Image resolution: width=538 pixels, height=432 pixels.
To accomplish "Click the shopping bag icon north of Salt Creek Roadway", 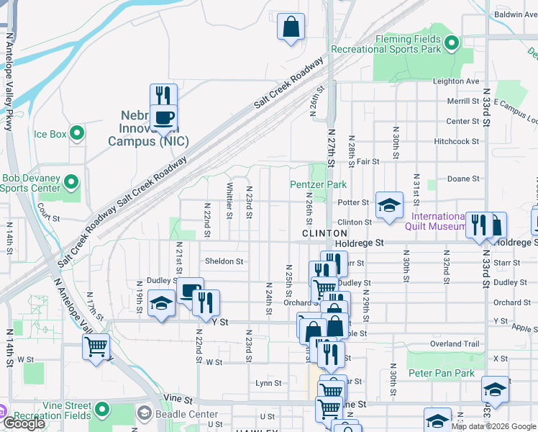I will click(x=291, y=27).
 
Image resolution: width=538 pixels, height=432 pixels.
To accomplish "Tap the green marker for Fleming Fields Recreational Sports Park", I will click(x=451, y=43).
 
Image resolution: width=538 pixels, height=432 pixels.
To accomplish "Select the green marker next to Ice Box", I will click(x=78, y=133).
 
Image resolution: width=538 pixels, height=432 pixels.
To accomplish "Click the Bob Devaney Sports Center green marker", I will click(x=70, y=183).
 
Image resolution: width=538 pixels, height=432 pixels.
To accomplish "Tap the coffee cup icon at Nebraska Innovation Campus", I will click(x=163, y=117).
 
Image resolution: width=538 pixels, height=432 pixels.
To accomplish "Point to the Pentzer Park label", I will click(x=319, y=185).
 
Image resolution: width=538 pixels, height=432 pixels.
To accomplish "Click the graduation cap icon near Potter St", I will click(x=388, y=206).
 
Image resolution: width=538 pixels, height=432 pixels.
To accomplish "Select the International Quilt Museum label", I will click(x=438, y=222).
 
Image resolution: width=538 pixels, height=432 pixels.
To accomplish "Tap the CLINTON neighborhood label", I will click(x=325, y=233).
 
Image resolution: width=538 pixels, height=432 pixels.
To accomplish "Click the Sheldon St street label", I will click(x=224, y=261).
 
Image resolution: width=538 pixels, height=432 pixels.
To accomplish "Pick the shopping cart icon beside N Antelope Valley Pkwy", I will click(x=96, y=346).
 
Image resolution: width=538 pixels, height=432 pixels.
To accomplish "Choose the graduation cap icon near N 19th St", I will click(x=161, y=303).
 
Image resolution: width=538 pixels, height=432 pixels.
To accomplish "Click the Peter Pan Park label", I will click(x=442, y=373).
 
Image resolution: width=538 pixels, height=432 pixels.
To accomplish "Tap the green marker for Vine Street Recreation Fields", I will click(x=102, y=410).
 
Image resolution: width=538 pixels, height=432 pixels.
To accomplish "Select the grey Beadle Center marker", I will click(x=145, y=413).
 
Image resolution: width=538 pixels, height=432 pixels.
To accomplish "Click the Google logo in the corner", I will click(x=24, y=423).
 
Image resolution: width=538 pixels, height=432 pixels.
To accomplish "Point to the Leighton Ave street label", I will click(x=456, y=81).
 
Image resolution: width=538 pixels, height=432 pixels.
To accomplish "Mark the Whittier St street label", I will click(x=229, y=199).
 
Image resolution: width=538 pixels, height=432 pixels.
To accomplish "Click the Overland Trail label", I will click(x=455, y=344).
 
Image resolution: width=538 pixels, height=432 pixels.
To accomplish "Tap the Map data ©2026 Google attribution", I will click(x=493, y=426).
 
